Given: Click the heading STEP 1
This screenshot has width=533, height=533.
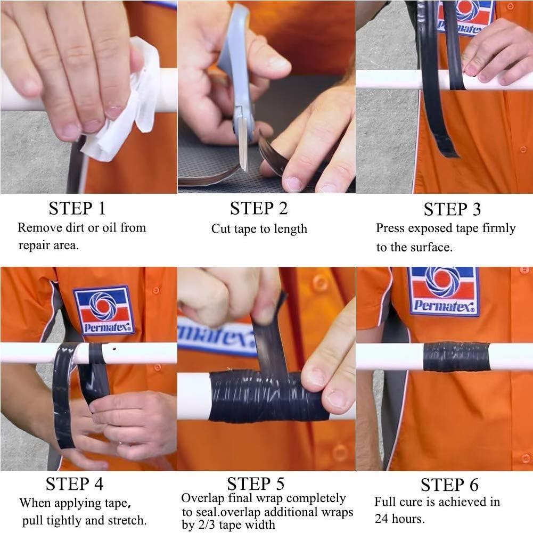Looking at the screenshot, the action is click(x=77, y=208).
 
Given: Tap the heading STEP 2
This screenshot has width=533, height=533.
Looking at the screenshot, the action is click(x=259, y=208).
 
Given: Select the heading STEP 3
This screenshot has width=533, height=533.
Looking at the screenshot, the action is click(x=452, y=209).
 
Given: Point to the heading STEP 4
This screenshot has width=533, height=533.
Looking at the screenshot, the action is click(x=75, y=483).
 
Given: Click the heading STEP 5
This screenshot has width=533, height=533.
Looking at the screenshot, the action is click(x=256, y=483).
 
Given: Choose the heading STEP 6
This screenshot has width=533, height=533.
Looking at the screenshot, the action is click(x=449, y=485).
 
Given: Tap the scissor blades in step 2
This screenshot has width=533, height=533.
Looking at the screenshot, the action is click(x=243, y=143).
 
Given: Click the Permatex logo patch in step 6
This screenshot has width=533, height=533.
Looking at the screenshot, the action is click(x=443, y=291).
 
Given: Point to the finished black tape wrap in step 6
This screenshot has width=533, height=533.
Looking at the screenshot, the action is click(x=456, y=357).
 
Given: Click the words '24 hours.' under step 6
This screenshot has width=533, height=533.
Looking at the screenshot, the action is click(x=400, y=519).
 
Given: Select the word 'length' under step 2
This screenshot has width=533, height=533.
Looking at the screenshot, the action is click(x=291, y=229).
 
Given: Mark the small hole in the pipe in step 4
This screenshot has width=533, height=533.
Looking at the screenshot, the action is click(x=114, y=348).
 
